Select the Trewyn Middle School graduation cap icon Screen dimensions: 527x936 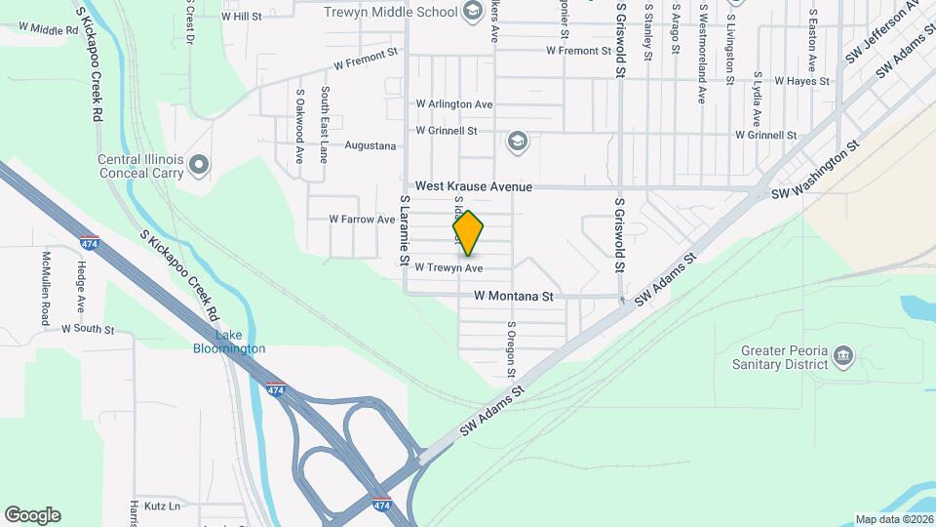point(473,12)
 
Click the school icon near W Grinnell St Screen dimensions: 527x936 point(517,143)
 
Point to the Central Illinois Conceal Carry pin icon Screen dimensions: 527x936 point(199,165)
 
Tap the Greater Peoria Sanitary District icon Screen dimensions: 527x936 point(844,357)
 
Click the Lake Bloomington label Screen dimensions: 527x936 point(228,342)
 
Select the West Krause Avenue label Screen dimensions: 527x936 point(474,185)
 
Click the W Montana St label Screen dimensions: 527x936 point(514,295)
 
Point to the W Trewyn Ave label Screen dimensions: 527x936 point(448,267)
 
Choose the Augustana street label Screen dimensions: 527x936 point(370,146)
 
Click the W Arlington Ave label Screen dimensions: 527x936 point(454,103)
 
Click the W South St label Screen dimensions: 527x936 point(88,329)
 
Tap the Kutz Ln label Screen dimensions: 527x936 point(161,507)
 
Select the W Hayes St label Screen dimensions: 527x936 point(801,81)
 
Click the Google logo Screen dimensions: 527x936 point(32,515)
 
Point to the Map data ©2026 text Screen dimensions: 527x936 point(893,519)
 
